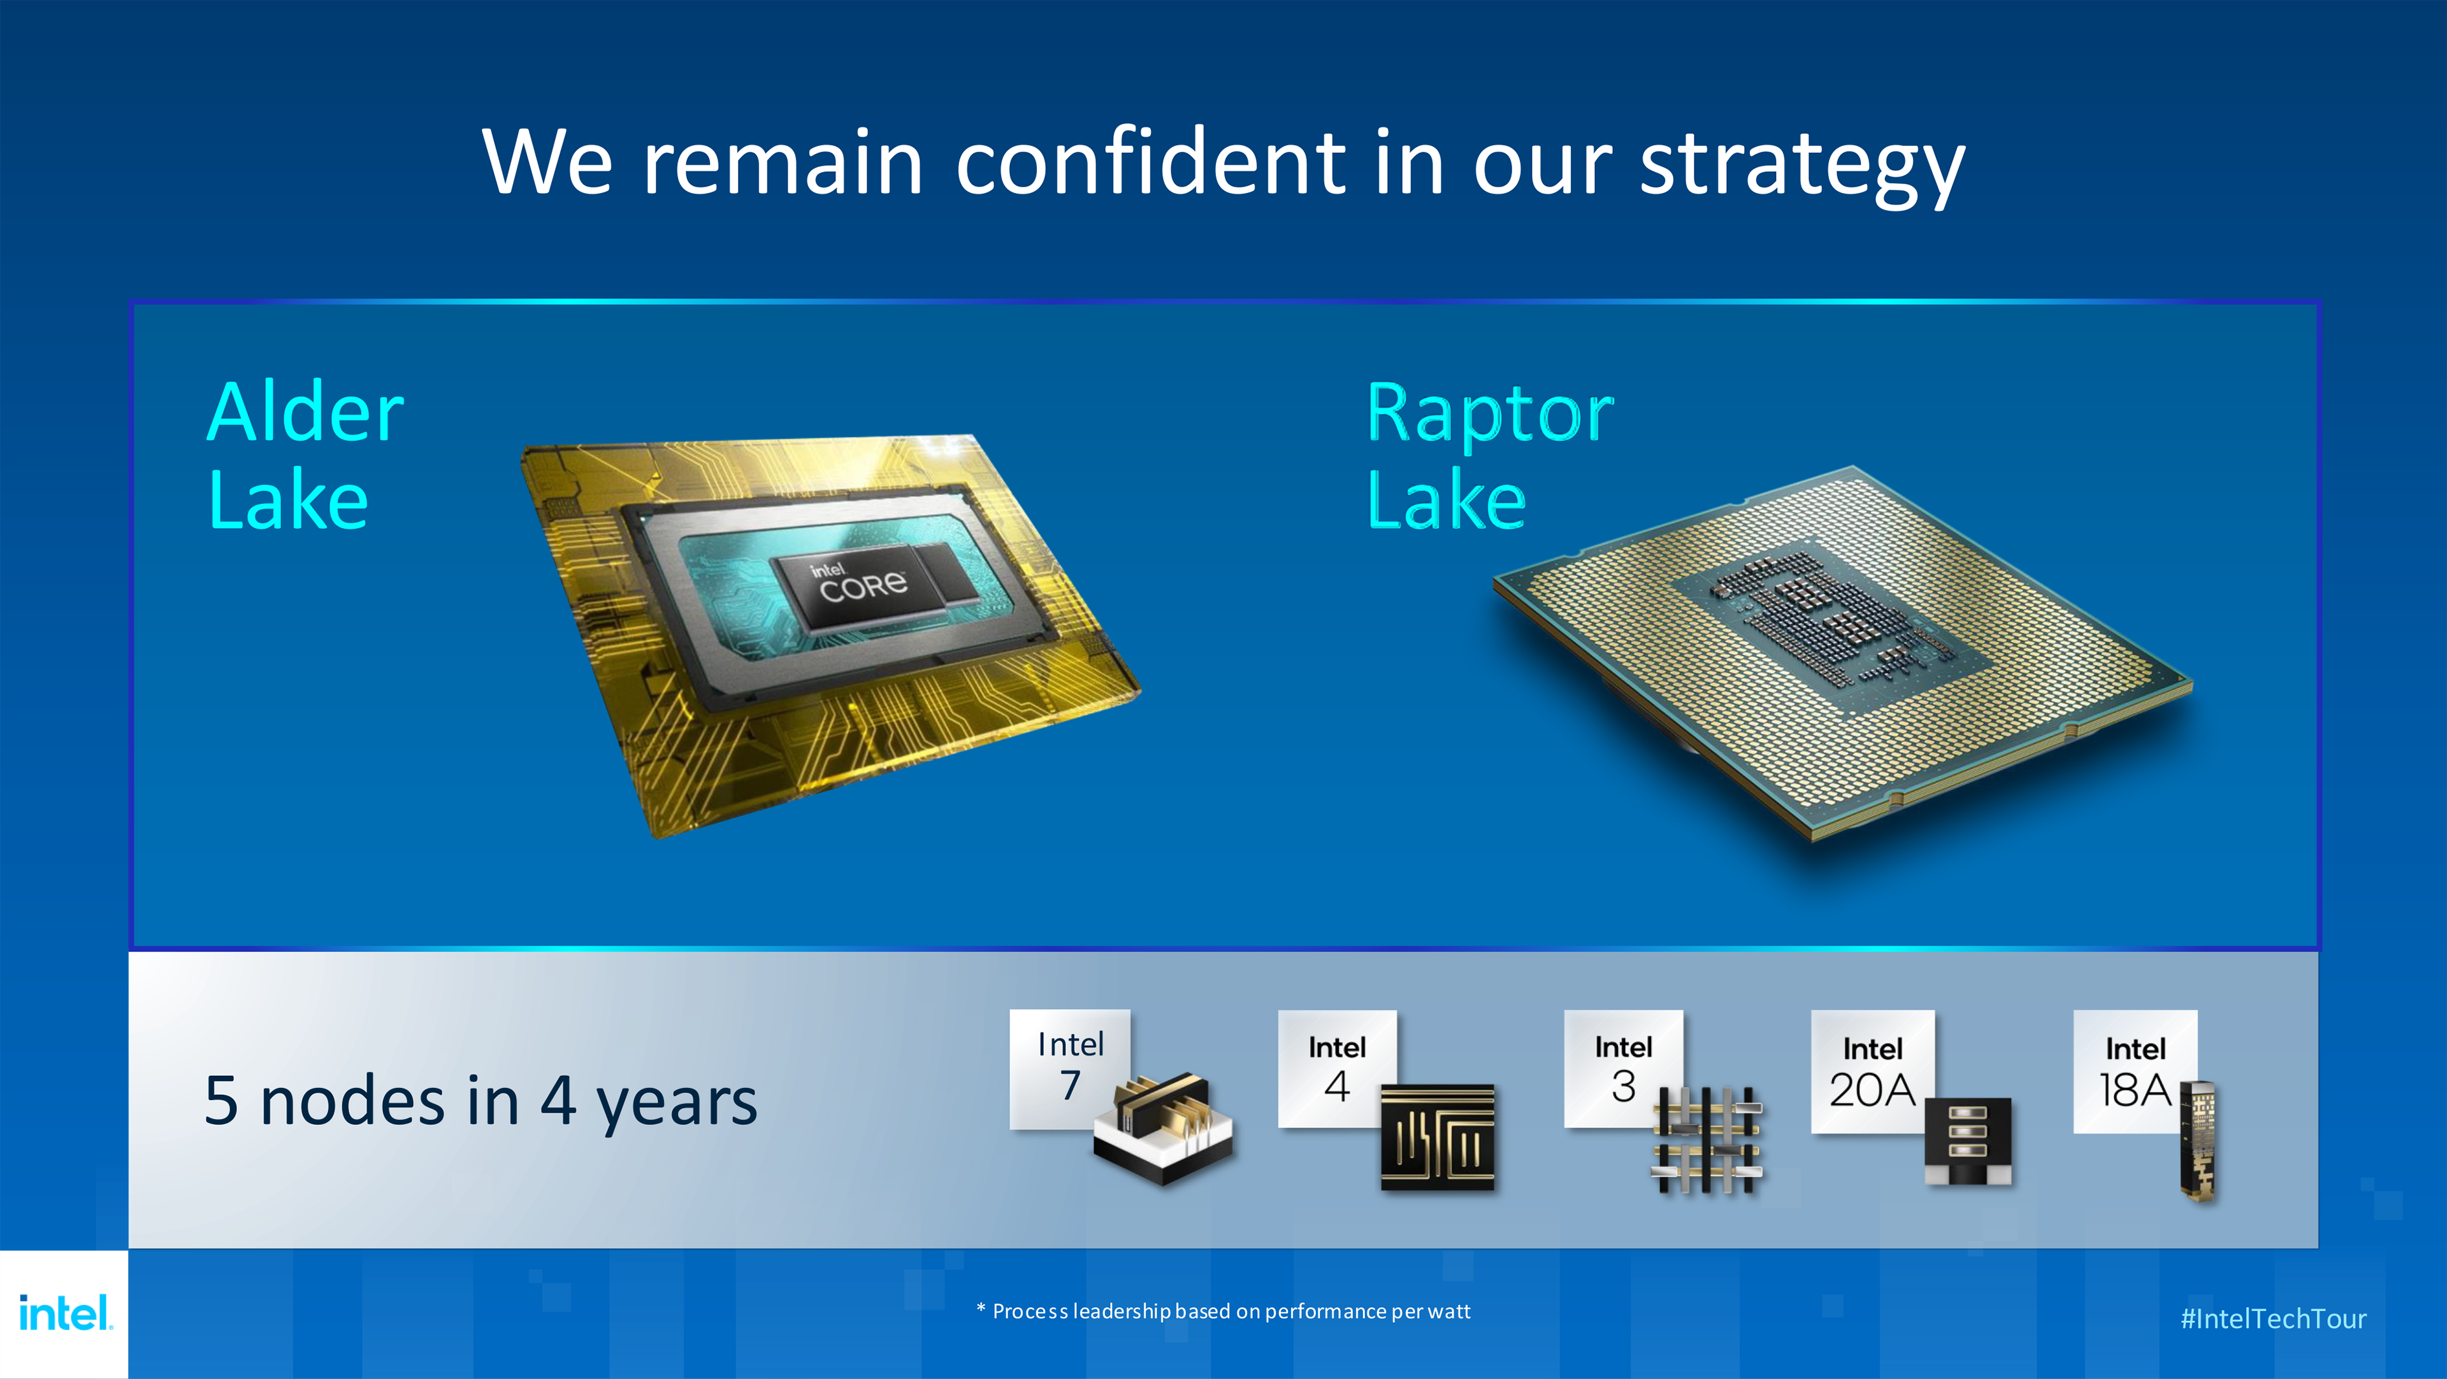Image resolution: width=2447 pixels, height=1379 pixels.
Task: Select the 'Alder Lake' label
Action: point(305,454)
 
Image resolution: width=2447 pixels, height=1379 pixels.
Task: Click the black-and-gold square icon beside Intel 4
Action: point(1437,1138)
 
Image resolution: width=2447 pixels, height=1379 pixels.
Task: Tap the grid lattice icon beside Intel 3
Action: point(1707,1140)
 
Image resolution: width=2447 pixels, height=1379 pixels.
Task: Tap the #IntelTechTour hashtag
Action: point(2273,1318)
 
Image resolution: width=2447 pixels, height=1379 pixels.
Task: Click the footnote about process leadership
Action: point(1223,1311)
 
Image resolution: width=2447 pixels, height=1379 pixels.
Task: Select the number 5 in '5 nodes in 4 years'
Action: point(220,1102)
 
